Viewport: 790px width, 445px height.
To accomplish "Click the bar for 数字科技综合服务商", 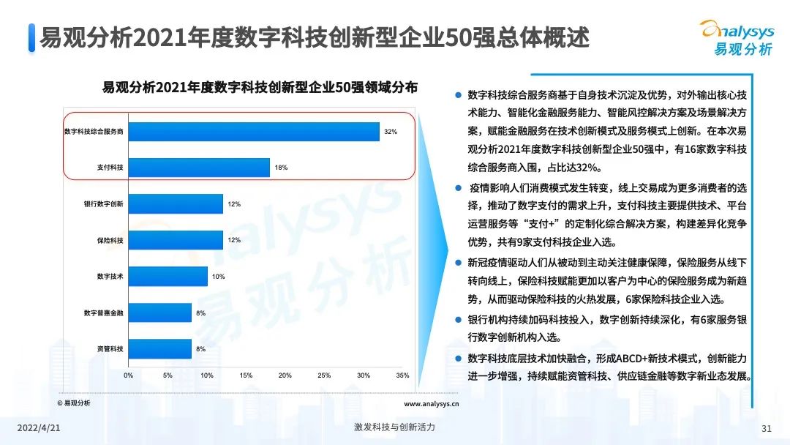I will pos(254,131).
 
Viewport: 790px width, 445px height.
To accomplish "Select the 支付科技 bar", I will pos(199,168).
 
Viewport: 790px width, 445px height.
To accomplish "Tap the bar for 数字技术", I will pos(168,277).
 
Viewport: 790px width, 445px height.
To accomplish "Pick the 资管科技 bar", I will pos(159,349).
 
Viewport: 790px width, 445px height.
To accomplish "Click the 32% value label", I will pos(390,132).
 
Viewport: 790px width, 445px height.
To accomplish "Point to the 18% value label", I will pos(281,168).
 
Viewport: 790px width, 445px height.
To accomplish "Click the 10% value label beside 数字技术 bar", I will pos(218,277).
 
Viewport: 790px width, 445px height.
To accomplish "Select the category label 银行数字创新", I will pos(103,204).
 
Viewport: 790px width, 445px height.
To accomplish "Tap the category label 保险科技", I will pos(110,240).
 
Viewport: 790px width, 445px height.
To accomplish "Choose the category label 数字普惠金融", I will pos(103,313).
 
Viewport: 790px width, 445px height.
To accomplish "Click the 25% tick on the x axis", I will pos(324,375).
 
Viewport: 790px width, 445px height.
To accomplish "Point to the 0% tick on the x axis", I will pos(128,375).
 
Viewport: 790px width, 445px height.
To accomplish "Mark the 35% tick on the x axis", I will pos(402,375).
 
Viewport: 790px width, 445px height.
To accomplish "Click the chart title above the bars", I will pos(260,86).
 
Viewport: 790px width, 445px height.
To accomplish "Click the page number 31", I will pos(767,428).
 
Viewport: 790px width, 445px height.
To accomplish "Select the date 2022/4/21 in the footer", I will pos(39,427).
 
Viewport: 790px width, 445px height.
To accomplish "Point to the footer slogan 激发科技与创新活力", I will pos(394,427).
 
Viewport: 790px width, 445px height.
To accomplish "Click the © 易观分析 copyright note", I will pos(74,403).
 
